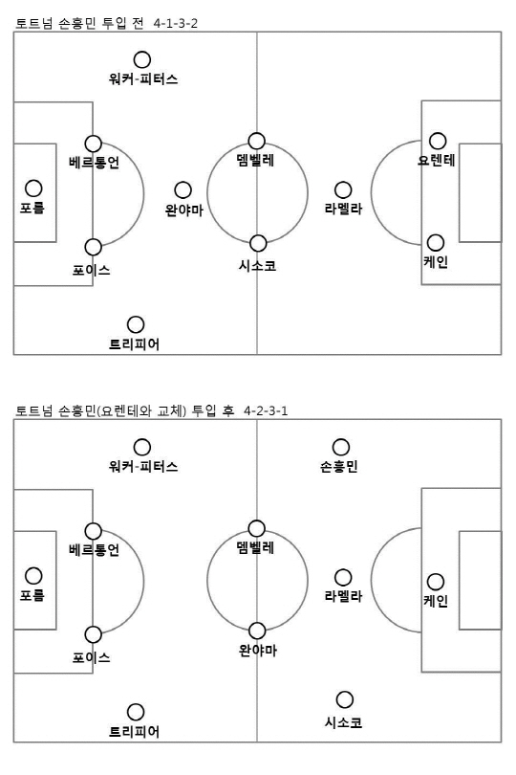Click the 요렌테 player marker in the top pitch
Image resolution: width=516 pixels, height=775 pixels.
click(x=438, y=141)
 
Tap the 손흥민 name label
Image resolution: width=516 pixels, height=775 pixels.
click(x=338, y=466)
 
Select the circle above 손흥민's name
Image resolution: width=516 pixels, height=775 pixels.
click(x=341, y=447)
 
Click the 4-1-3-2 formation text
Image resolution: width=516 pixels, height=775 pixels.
click(x=175, y=23)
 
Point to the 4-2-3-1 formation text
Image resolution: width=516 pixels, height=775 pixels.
click(x=266, y=410)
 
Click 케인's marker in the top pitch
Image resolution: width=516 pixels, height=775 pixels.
click(x=435, y=243)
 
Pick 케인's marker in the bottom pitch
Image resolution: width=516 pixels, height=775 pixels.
click(x=435, y=582)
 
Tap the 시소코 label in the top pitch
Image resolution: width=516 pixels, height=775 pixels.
click(x=257, y=265)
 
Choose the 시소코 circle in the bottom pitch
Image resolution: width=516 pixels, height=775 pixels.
click(x=345, y=699)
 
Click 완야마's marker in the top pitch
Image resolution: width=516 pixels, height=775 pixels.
click(x=183, y=189)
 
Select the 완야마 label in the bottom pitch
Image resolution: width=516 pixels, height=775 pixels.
click(x=258, y=650)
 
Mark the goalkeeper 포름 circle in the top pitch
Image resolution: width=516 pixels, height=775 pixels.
click(x=33, y=188)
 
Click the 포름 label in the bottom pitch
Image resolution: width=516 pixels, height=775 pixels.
click(x=32, y=594)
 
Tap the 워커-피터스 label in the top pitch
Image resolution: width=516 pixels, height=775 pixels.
click(x=143, y=78)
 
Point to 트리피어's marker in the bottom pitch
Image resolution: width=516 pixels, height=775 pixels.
click(x=136, y=712)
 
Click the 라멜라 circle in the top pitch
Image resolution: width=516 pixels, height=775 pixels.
click(x=343, y=189)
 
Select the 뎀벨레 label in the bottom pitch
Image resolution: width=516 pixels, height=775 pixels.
click(x=255, y=547)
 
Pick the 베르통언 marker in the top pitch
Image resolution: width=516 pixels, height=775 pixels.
click(x=93, y=144)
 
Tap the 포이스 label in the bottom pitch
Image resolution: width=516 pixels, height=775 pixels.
click(x=92, y=657)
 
